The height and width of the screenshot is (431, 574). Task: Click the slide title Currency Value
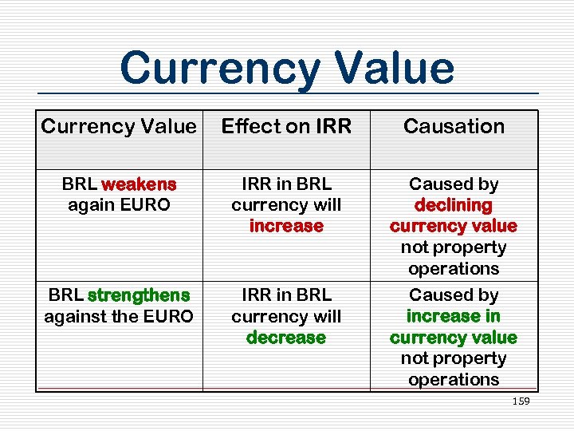pyautogui.click(x=287, y=68)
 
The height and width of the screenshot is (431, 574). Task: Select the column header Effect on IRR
pyautogui.click(x=286, y=126)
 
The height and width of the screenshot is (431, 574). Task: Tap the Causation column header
pyautogui.click(x=454, y=126)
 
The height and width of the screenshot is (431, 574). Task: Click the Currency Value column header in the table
pyautogui.click(x=118, y=126)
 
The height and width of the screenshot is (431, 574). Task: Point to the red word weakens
pyautogui.click(x=139, y=184)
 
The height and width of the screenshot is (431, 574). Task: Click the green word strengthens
pyautogui.click(x=139, y=295)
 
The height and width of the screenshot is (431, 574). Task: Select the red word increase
pyautogui.click(x=286, y=226)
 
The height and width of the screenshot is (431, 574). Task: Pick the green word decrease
pyautogui.click(x=286, y=338)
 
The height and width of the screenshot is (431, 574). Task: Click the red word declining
pyautogui.click(x=454, y=205)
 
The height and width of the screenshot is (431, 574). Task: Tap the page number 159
pyautogui.click(x=521, y=401)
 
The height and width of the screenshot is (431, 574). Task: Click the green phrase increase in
pyautogui.click(x=454, y=316)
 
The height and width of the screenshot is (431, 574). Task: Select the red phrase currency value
pyautogui.click(x=454, y=226)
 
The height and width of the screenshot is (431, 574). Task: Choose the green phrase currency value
pyautogui.click(x=454, y=338)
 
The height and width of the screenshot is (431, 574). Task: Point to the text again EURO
pyautogui.click(x=119, y=205)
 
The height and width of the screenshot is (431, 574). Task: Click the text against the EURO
pyautogui.click(x=119, y=317)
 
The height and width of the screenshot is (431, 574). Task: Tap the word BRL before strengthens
pyautogui.click(x=66, y=295)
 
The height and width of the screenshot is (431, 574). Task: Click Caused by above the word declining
pyautogui.click(x=454, y=184)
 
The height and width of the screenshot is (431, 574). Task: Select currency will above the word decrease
pyautogui.click(x=286, y=317)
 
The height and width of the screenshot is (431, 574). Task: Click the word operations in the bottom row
pyautogui.click(x=454, y=380)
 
